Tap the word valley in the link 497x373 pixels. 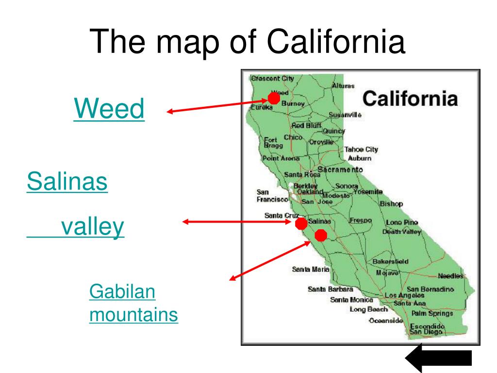pos(92,227)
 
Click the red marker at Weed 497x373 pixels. pos(274,99)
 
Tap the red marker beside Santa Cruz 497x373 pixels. pos(301,223)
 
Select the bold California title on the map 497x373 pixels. pos(410,99)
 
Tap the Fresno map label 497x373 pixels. pos(360,220)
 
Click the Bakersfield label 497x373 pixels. pos(390,261)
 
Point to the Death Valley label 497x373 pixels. pos(401,232)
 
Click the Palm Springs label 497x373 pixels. pos(431,313)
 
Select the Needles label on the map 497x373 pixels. pos(451,276)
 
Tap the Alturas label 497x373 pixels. pos(343,85)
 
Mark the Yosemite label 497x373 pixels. pos(368,192)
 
